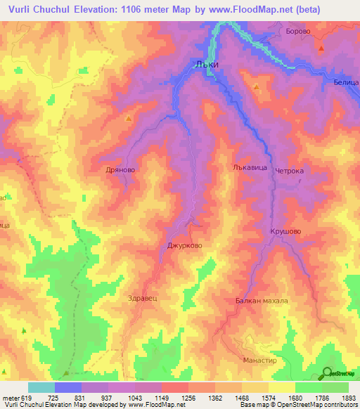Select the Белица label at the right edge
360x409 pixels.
click(x=345, y=82)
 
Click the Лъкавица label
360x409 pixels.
click(x=249, y=168)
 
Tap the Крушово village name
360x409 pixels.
click(x=285, y=231)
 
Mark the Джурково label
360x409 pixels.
click(x=185, y=246)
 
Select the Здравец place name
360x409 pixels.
click(x=143, y=297)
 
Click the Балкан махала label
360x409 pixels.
click(x=262, y=300)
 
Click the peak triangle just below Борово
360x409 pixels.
click(x=321, y=49)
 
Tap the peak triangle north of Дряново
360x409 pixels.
click(x=127, y=119)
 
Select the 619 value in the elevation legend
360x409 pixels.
click(x=22, y=397)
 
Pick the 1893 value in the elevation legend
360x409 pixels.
click(x=347, y=397)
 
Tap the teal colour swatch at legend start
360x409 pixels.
click(x=41, y=387)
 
